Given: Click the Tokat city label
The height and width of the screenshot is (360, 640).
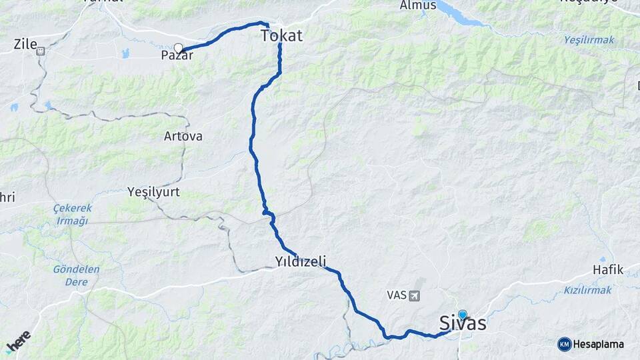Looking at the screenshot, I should click(x=281, y=35).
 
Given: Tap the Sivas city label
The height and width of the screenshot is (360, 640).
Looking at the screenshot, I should click(x=463, y=324).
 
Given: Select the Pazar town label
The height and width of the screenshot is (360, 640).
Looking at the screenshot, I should click(x=177, y=56).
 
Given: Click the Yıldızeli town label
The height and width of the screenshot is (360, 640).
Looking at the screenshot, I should click(x=301, y=261).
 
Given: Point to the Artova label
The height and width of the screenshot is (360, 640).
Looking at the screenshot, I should click(x=183, y=136).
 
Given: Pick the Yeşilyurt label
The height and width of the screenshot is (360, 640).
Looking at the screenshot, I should click(x=153, y=192).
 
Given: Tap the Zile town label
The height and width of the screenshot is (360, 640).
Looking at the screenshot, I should click(x=25, y=45).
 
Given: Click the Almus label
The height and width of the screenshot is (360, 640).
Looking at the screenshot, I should click(x=418, y=5).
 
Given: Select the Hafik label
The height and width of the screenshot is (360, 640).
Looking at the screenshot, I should click(x=608, y=270).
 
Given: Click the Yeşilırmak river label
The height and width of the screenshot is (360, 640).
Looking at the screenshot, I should click(x=589, y=40).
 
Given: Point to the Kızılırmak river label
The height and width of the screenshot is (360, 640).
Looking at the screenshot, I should click(x=587, y=290).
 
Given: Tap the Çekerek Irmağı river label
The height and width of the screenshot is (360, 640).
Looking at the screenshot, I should click(x=71, y=215).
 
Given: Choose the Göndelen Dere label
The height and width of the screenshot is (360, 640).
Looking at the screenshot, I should click(x=77, y=275).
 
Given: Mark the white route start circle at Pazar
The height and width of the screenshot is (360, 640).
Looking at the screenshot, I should click(x=178, y=47).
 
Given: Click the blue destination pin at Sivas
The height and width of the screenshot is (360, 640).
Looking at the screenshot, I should click(x=462, y=314).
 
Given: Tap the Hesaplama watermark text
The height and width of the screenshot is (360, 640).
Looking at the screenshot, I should click(x=599, y=344).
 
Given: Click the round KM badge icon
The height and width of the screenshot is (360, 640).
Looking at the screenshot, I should click(x=564, y=344).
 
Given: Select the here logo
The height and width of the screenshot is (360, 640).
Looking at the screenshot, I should click(x=19, y=342).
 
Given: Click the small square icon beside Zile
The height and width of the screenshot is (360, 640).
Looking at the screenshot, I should click(x=41, y=50).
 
